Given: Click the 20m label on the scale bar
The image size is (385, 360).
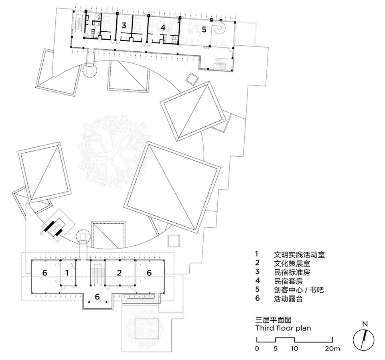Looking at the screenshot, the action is (332, 348).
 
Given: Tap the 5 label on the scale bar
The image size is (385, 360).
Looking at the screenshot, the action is (276, 348).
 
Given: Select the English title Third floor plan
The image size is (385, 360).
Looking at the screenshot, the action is (283, 328).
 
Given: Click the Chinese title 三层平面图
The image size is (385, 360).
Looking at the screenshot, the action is (273, 320).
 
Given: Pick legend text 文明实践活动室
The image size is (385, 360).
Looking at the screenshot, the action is (299, 255).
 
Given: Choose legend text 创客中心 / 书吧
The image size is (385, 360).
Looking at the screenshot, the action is (299, 290).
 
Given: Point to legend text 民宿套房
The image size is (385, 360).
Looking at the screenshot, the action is (288, 281).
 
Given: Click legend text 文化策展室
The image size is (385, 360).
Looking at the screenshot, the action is (292, 263).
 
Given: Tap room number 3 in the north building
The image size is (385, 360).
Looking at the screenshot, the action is (124, 25).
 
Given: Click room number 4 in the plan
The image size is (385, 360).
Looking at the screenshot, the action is (163, 28).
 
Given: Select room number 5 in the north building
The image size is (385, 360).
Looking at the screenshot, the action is (204, 29).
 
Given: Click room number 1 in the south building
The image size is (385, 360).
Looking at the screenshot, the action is (67, 273).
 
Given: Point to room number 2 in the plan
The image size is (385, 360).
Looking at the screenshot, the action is (120, 273).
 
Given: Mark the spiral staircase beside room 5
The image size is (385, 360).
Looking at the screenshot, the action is (220, 29).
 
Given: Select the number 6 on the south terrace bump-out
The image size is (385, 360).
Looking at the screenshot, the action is (97, 297).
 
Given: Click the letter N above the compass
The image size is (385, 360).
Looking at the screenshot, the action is (365, 324).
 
